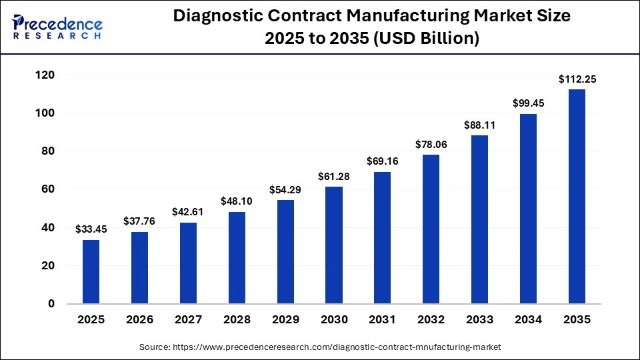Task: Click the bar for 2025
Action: click(x=91, y=271)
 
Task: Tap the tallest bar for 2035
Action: click(x=577, y=197)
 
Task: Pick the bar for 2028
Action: click(x=237, y=258)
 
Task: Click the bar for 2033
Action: click(x=479, y=219)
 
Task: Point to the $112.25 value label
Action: click(x=577, y=79)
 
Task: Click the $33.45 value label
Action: click(x=91, y=229)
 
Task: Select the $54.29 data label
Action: click(x=285, y=190)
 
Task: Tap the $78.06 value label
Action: click(x=431, y=145)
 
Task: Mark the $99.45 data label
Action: click(x=528, y=103)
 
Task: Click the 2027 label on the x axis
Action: click(x=188, y=320)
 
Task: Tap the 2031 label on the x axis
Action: click(x=382, y=320)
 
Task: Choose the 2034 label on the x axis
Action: click(x=528, y=320)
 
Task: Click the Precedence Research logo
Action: click(x=57, y=27)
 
